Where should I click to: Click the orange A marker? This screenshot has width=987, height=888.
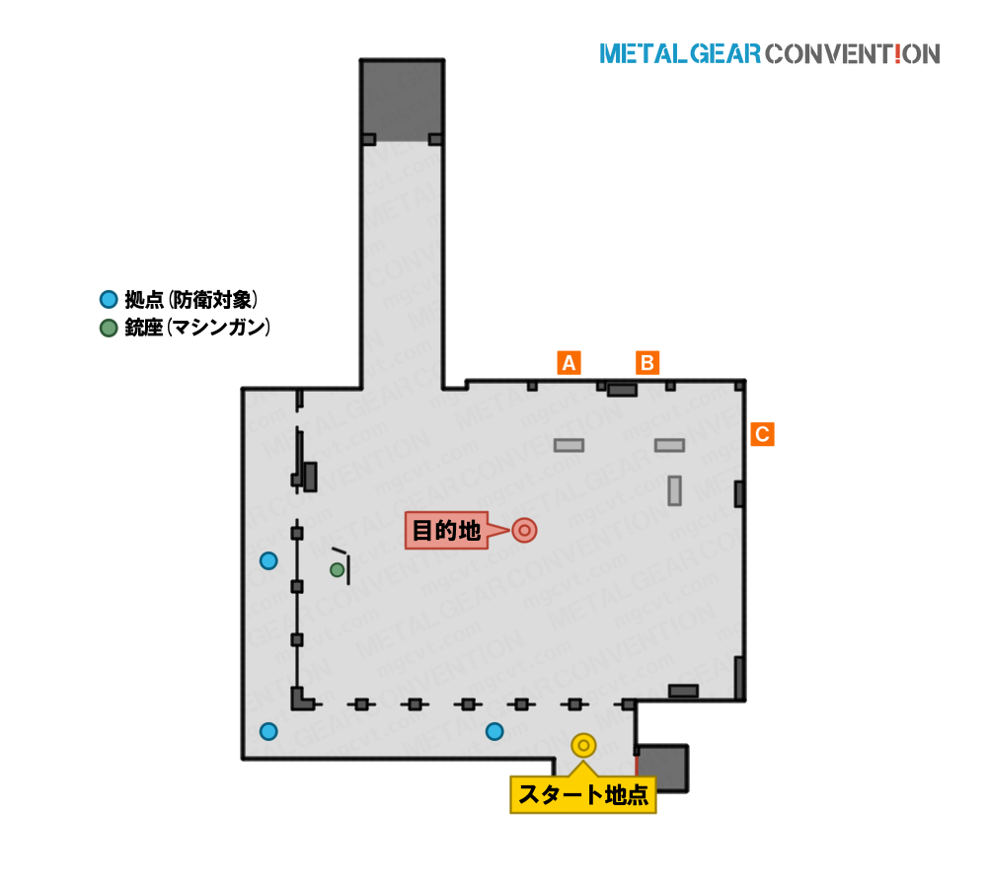[569, 363]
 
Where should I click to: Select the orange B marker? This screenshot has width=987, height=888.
[647, 363]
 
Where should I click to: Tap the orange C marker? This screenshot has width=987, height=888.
[762, 434]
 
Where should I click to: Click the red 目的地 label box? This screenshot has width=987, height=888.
[447, 531]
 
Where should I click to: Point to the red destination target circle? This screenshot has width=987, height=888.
[524, 531]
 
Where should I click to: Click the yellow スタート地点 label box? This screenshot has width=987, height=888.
[583, 795]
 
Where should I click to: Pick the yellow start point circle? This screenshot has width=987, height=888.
[583, 746]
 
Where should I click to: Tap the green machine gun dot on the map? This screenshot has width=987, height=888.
[338, 570]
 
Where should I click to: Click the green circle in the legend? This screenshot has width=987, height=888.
[109, 328]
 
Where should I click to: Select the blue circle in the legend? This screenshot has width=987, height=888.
[109, 300]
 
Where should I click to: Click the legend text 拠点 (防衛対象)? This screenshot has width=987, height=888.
[191, 300]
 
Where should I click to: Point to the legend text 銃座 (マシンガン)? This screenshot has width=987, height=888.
[197, 328]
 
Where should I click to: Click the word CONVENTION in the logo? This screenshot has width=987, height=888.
[853, 54]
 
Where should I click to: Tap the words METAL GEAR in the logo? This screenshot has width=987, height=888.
[680, 54]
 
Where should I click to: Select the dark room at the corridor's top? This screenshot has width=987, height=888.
[403, 101]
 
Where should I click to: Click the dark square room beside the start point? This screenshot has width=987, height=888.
[662, 768]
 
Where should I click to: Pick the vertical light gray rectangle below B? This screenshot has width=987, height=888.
[675, 491]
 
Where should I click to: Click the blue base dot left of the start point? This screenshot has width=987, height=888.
[494, 731]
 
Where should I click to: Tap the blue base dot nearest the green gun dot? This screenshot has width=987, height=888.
[268, 560]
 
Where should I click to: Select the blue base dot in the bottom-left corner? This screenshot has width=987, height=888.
[268, 731]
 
